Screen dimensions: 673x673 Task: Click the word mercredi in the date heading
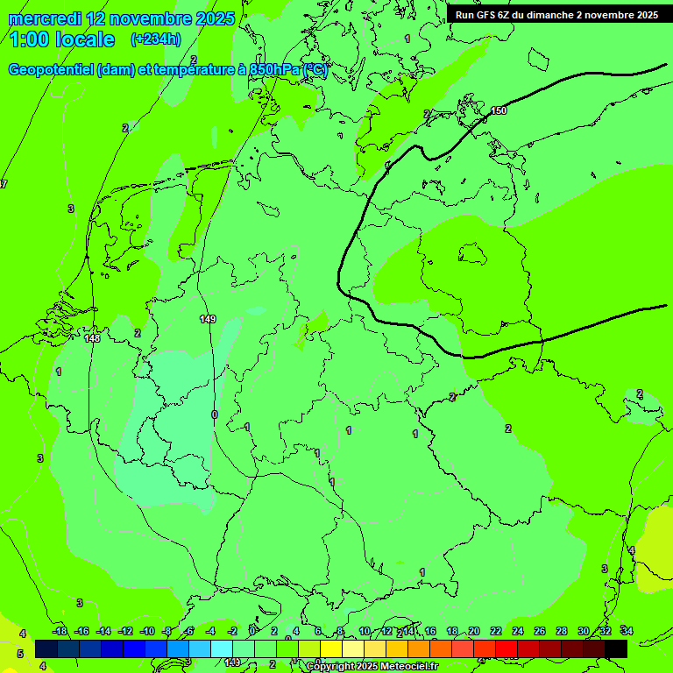pos(45,18)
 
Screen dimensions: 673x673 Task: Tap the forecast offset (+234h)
pos(156,39)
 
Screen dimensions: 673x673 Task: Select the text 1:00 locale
pos(63,39)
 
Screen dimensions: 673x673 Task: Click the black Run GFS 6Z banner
pos(556,15)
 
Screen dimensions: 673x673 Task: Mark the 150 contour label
pos(499,110)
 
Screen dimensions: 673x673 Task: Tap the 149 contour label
pos(208,319)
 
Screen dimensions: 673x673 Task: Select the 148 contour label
pos(92,338)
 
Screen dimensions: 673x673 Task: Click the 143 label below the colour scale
pos(232,662)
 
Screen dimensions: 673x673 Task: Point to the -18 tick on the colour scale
pos(60,631)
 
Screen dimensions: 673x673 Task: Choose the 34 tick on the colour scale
pos(627,631)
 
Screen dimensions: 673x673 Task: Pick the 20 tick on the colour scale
pos(473,631)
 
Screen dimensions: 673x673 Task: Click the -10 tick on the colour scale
pos(147,631)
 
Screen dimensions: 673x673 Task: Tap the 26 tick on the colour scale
pos(539,631)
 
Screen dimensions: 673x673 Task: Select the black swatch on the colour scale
pos(616,648)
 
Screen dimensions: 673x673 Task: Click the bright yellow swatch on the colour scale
pos(331,648)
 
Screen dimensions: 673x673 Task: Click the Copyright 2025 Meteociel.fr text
pos(372,667)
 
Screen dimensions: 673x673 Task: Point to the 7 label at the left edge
pos(4,184)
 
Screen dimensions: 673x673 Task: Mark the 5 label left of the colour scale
pos(20,654)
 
